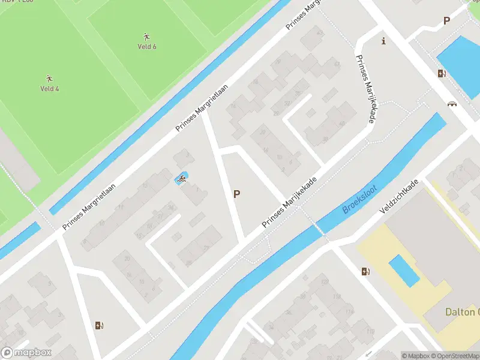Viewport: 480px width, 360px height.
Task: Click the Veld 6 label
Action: point(147,46)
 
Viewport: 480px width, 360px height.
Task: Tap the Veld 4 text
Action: point(49,89)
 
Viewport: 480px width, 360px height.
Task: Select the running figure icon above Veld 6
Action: point(147,37)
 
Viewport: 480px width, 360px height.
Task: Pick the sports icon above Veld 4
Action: point(49,79)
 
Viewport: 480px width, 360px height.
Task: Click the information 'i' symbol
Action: point(383,41)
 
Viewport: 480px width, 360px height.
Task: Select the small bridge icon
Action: point(452,103)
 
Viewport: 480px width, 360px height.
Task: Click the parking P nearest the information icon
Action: point(446,21)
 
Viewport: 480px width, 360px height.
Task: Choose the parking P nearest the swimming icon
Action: point(237,194)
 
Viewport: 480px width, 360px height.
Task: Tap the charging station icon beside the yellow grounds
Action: point(365,272)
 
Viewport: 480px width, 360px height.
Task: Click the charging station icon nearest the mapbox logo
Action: point(99,326)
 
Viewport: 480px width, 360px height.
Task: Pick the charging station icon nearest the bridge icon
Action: point(442,74)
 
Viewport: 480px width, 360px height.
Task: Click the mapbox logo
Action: point(27,353)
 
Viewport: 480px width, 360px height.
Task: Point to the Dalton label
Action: point(462,312)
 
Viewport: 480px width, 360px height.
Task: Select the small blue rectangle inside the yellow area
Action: point(404,271)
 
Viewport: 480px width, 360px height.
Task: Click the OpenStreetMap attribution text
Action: point(454,356)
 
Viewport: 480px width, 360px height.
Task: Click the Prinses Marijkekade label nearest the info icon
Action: point(365,90)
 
